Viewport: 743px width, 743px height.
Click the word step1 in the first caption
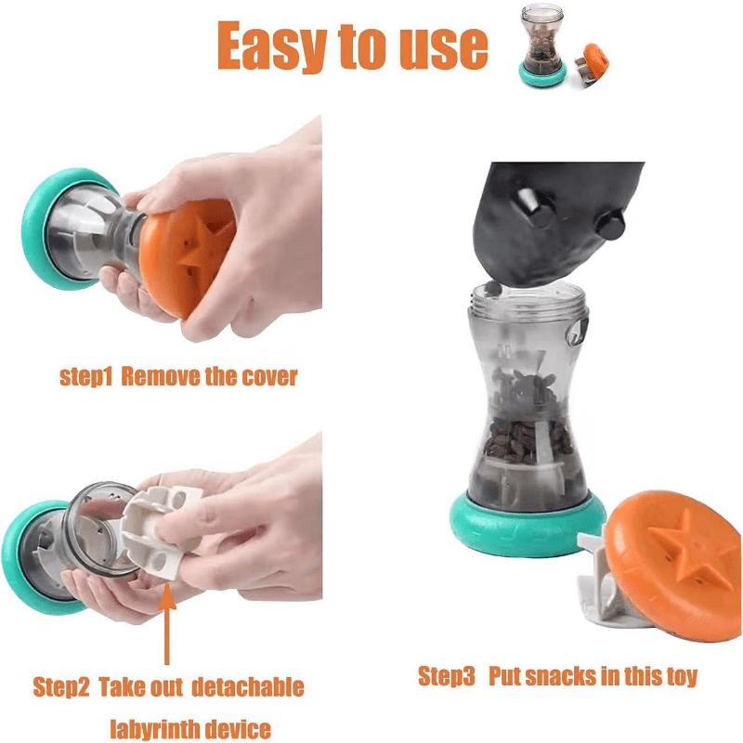click(85, 376)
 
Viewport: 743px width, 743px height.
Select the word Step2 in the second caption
click(61, 688)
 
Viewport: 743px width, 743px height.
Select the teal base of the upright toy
click(525, 526)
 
